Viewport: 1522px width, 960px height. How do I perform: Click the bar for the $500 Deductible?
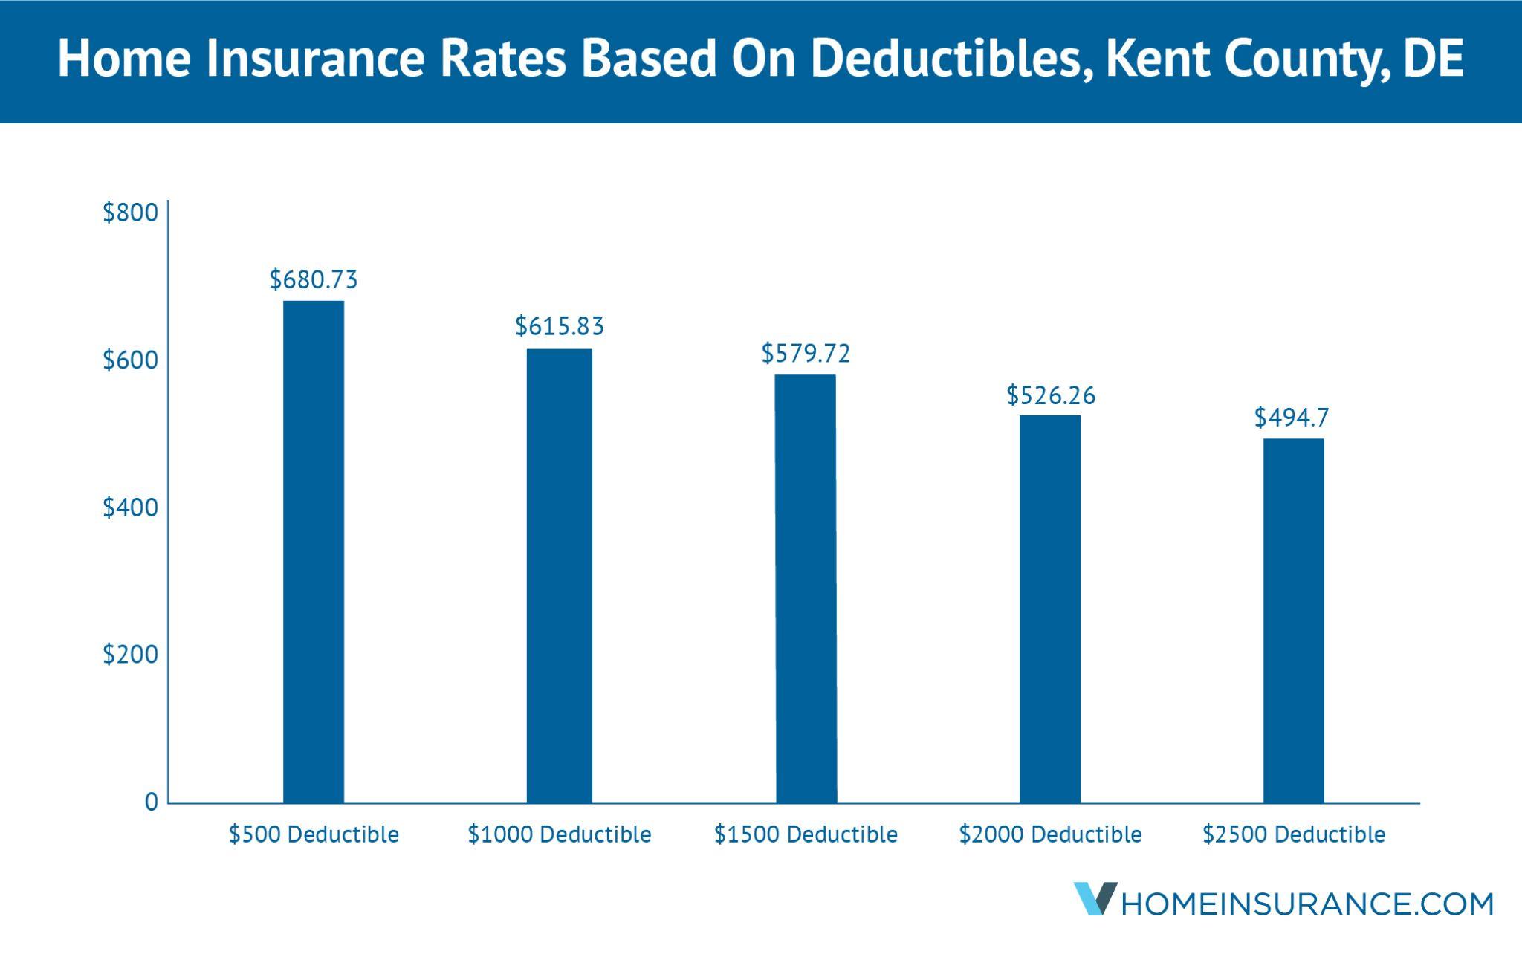click(x=314, y=551)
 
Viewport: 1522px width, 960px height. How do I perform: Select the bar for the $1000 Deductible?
click(x=560, y=576)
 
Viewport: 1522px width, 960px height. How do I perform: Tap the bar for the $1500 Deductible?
click(x=806, y=588)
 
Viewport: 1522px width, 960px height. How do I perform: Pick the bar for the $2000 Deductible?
click(x=1050, y=609)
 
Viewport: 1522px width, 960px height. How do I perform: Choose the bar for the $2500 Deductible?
click(x=1294, y=620)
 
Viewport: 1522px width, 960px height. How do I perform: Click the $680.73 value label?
click(x=314, y=280)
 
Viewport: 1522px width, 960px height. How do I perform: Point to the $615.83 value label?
click(x=560, y=326)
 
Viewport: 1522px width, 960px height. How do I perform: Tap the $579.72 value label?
click(x=806, y=354)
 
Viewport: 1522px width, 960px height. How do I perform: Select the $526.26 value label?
click(x=1051, y=395)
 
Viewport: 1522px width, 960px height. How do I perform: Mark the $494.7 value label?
click(x=1292, y=418)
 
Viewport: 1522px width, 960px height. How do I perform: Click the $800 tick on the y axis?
click(x=131, y=213)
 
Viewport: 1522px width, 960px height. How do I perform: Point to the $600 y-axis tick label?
click(x=131, y=360)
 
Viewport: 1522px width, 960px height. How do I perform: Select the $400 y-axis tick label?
click(x=131, y=508)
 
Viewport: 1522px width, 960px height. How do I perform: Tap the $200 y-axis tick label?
click(x=131, y=655)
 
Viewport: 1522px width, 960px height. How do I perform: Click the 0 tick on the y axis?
click(x=152, y=802)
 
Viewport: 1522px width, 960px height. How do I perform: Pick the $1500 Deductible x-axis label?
click(x=806, y=835)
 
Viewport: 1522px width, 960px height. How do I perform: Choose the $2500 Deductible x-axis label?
click(x=1294, y=835)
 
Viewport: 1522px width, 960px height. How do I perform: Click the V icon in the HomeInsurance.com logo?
click(x=1093, y=898)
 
